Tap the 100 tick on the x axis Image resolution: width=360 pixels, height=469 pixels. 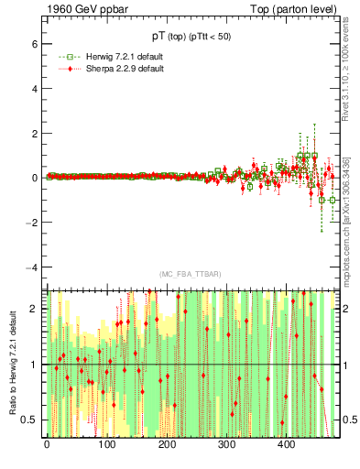tap(107, 444)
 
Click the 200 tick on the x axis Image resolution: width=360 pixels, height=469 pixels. tap(167, 444)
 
